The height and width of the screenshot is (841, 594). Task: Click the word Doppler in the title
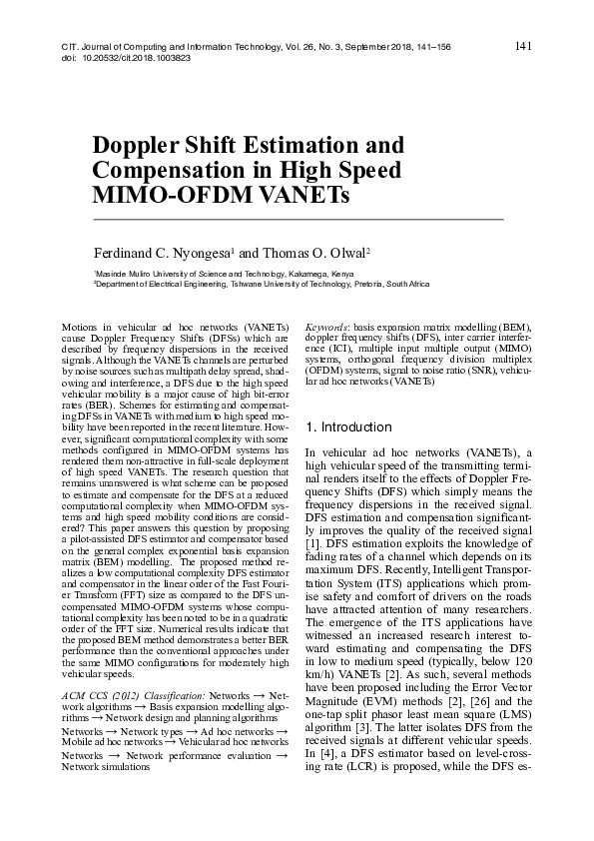tap(136, 144)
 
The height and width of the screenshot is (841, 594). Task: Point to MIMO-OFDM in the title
tap(165, 194)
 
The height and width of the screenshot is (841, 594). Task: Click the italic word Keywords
tap(326, 328)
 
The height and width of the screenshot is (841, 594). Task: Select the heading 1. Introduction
tap(349, 427)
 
